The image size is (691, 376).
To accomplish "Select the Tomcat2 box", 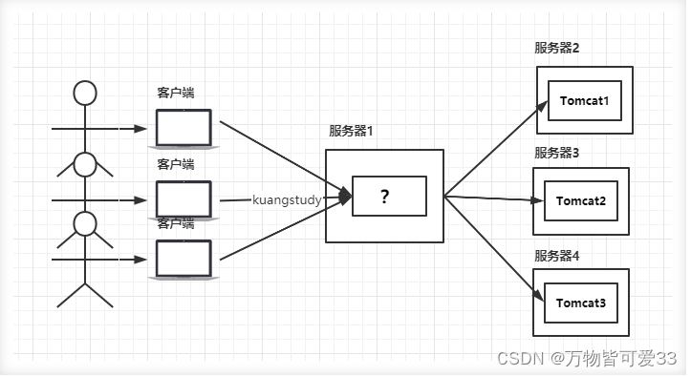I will tap(580, 201).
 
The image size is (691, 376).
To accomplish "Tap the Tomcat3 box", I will tap(580, 303).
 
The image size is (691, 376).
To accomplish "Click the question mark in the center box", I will tap(384, 197).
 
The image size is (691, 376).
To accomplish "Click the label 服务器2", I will tap(557, 49).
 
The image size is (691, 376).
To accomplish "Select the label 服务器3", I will tap(557, 153).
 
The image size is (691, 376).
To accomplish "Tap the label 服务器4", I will tap(557, 256).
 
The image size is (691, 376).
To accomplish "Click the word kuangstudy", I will tap(286, 200).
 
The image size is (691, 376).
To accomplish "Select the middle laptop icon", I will tap(184, 198).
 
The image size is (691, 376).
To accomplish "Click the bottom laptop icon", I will tap(184, 257).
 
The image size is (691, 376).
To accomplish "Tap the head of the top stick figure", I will tap(86, 93).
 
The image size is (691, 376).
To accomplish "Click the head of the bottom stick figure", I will tap(86, 224).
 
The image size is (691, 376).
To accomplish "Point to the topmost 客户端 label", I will tap(176, 93).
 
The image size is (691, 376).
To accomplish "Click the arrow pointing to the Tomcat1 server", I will tap(497, 144).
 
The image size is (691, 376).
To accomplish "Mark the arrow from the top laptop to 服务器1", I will tap(282, 157).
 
